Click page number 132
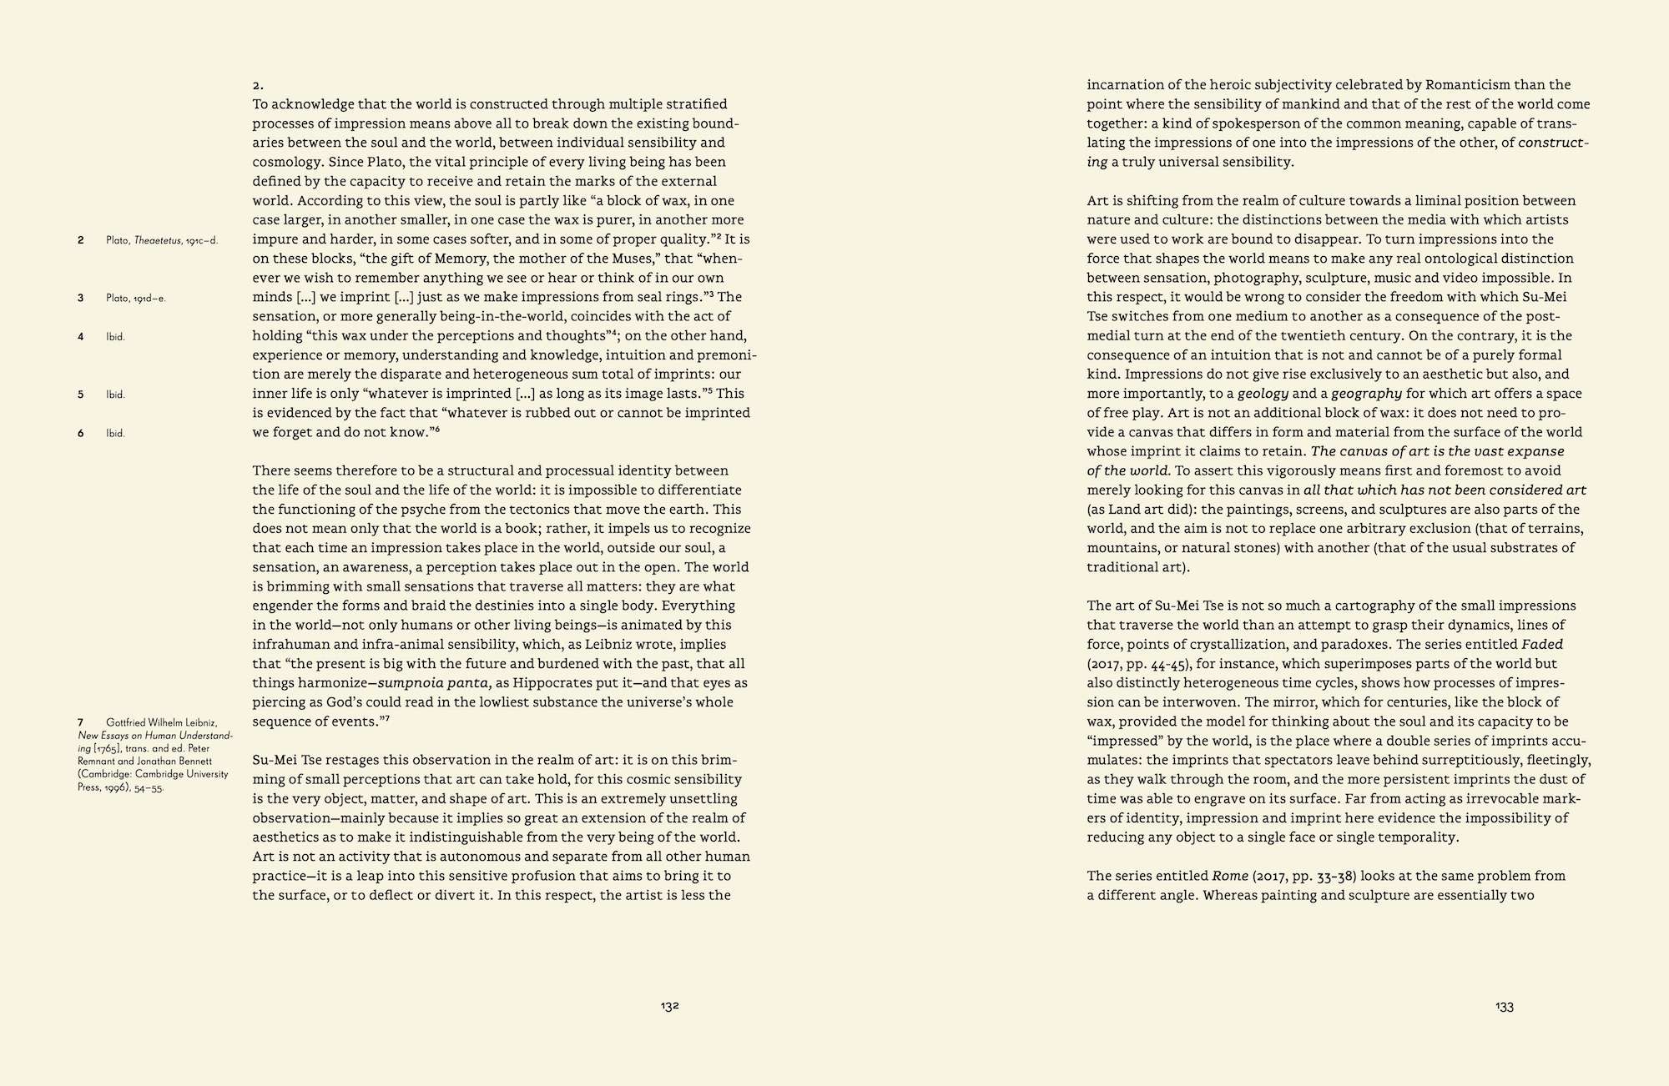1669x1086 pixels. point(669,1006)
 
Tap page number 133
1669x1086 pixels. point(1504,1007)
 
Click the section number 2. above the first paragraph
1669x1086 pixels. point(258,85)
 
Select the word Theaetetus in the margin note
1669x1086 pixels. point(158,240)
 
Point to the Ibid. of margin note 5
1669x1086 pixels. point(115,395)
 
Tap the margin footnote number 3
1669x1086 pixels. point(81,298)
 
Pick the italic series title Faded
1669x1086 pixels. point(1542,645)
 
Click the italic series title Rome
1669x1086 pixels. point(1230,876)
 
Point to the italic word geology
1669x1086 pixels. point(1263,394)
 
